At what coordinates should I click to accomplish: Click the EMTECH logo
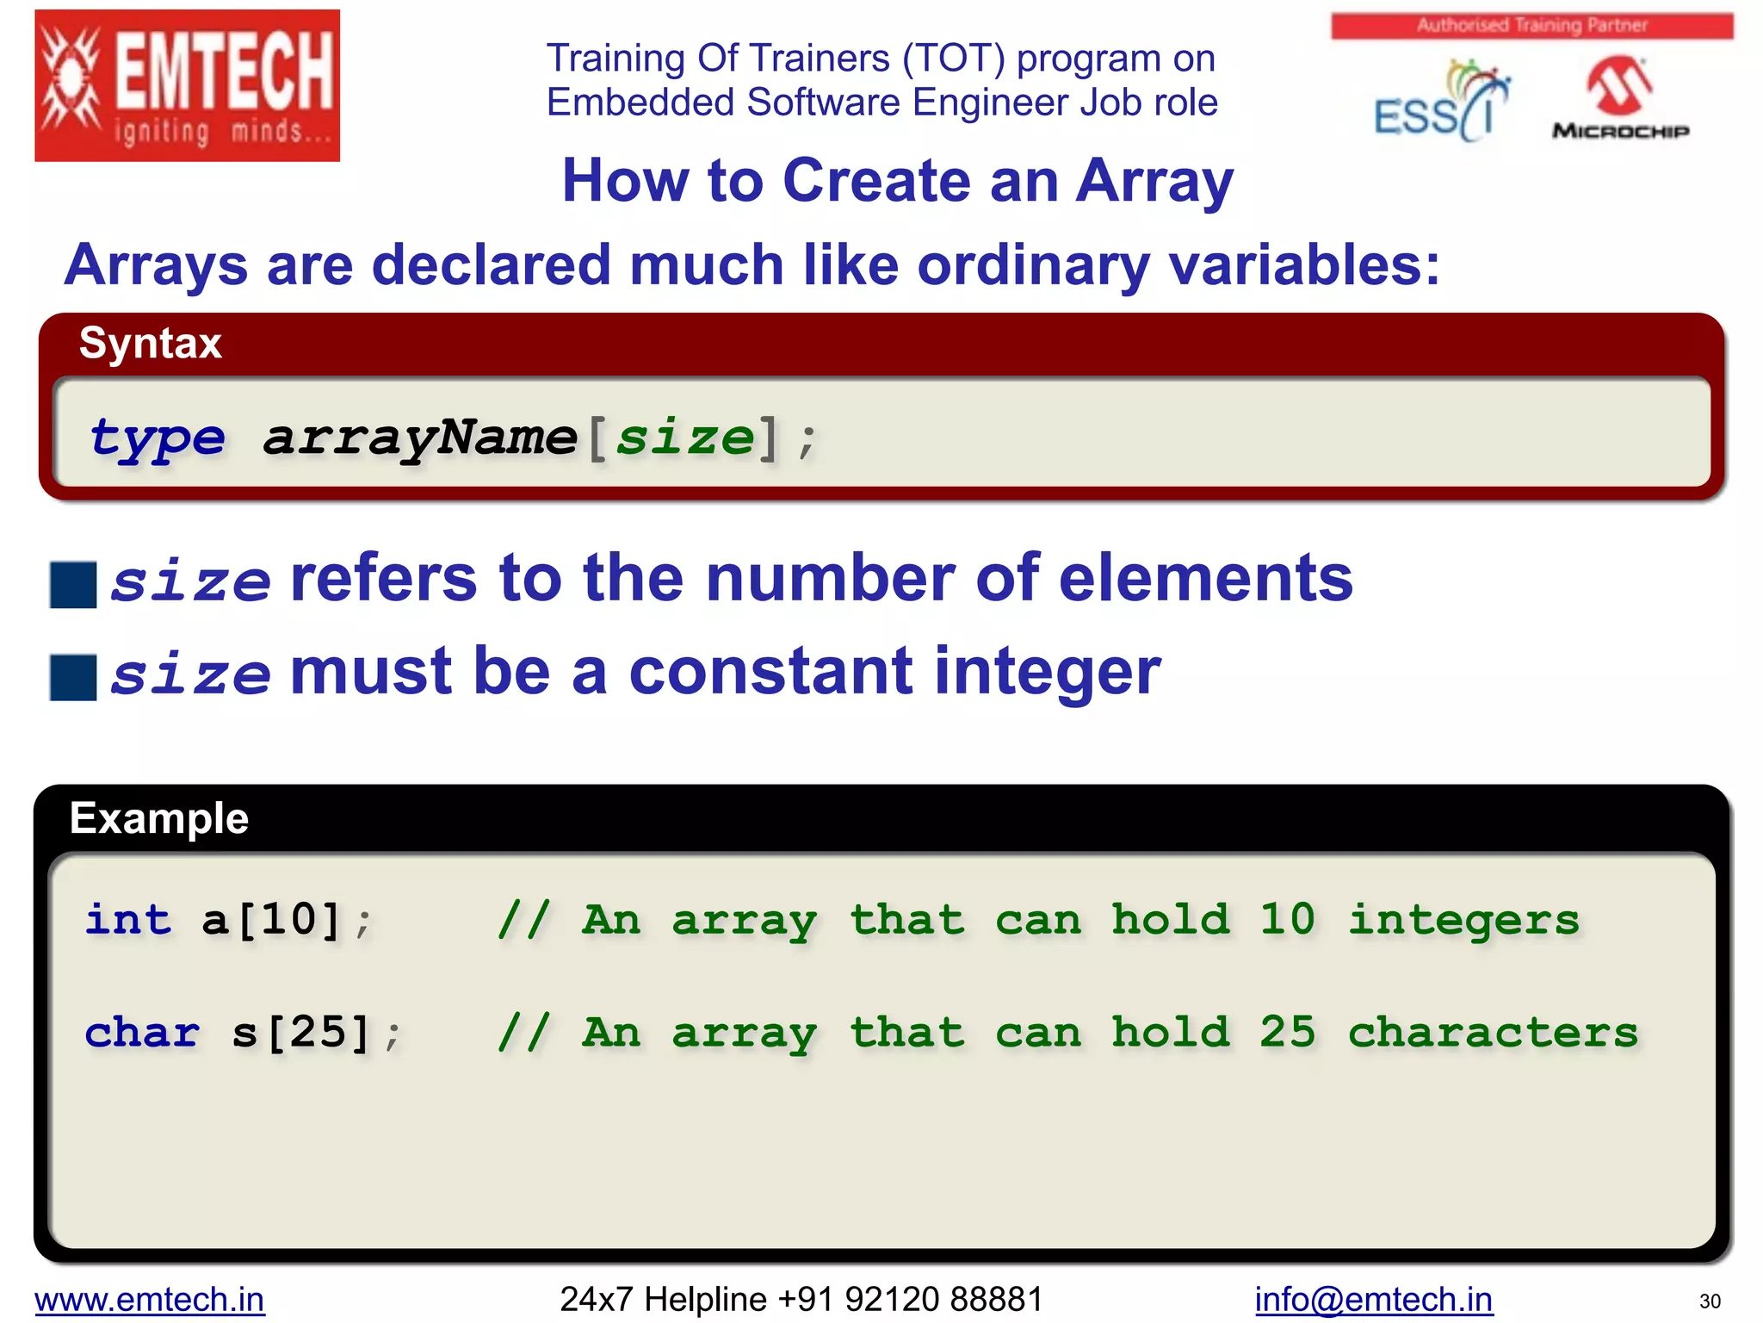[187, 85]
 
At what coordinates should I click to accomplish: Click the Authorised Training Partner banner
[1531, 25]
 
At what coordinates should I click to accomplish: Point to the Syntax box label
[151, 343]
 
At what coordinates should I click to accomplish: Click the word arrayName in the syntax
[420, 438]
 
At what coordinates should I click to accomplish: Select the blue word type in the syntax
[157, 438]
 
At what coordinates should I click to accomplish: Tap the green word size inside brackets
[684, 438]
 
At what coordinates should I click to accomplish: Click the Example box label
[159, 817]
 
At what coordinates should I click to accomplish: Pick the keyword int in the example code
[128, 919]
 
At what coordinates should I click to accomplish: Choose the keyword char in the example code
[143, 1032]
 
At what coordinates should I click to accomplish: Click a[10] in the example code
[272, 919]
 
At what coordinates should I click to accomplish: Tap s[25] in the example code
[301, 1032]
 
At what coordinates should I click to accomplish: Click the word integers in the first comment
[1463, 919]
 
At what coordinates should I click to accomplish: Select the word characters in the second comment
[1493, 1032]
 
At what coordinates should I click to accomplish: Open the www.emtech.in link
[150, 1299]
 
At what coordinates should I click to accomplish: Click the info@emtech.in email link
[1373, 1299]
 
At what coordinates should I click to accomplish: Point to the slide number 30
[1710, 1301]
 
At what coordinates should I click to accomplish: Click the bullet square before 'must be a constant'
[73, 677]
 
